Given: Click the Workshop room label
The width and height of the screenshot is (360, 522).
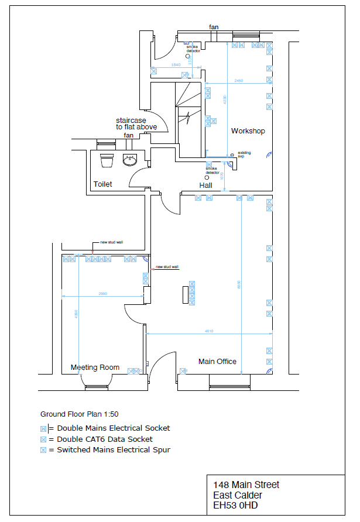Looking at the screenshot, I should coord(248,130).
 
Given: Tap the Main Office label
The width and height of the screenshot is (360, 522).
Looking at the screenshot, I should coord(217,362).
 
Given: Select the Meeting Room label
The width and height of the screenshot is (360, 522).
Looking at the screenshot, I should coord(95,368).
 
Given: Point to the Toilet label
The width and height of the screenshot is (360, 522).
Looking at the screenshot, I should coord(102,184).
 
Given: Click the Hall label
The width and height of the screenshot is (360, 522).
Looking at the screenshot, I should coord(205,185).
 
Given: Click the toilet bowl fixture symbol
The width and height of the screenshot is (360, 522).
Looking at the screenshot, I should coord(107,159).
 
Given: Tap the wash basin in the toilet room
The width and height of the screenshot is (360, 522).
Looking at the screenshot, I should coord(130,159).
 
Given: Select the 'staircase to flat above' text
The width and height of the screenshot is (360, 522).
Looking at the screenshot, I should coord(136,123).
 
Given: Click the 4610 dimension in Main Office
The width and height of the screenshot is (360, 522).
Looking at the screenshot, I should coord(209,331).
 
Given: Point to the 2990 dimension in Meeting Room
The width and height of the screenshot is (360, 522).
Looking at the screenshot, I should coord(102,293).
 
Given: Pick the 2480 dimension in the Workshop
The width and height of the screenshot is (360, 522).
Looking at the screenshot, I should coord(239,80).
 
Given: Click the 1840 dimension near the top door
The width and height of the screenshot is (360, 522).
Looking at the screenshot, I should coord(176,64).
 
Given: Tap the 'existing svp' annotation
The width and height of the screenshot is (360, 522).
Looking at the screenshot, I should coord(244,155).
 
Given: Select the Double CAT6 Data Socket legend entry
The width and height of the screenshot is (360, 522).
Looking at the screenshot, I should coord(104,439).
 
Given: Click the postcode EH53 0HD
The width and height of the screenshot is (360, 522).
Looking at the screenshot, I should coord(235,505).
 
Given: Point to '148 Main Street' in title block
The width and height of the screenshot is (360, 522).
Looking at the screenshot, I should coord(246,485).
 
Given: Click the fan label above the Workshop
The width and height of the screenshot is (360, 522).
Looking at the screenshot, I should coord(215,27).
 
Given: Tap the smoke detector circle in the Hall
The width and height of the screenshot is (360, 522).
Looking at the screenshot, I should coord(206,177).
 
